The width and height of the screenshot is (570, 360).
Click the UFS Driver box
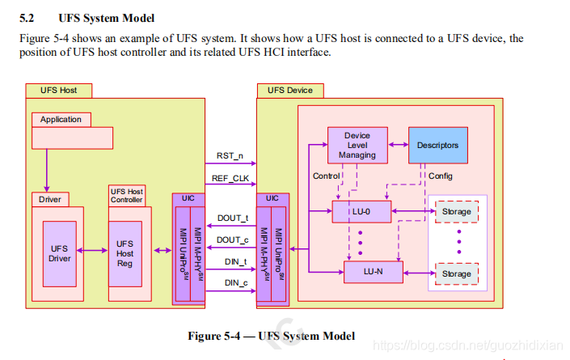(x=60, y=253)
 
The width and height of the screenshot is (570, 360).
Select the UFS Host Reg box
(x=125, y=253)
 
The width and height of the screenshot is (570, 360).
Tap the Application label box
(x=61, y=120)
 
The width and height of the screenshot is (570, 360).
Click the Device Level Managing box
(x=357, y=146)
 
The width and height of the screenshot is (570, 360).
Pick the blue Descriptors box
(x=437, y=146)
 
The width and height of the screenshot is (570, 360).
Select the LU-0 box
(x=361, y=213)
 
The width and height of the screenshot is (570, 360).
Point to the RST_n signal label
(x=231, y=156)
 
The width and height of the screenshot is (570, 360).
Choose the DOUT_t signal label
(x=233, y=218)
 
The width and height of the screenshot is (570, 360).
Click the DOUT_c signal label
(x=233, y=240)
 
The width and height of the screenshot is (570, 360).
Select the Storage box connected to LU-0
(x=456, y=213)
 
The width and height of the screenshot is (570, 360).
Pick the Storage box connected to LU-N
(x=456, y=274)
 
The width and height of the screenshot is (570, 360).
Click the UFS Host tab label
(x=58, y=90)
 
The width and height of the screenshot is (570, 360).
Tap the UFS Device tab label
(x=289, y=90)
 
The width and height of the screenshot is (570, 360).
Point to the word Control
(x=326, y=176)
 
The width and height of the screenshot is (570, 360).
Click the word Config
(x=441, y=176)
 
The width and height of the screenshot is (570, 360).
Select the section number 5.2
(x=27, y=18)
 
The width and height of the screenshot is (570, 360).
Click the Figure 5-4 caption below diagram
(x=271, y=336)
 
